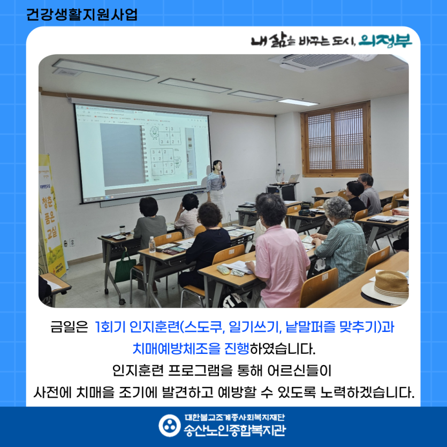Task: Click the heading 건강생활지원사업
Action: click(x=81, y=14)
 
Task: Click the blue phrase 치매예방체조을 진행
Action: click(x=191, y=348)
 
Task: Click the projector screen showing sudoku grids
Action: click(x=142, y=153)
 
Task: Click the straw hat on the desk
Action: click(x=390, y=284)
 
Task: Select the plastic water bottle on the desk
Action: click(x=152, y=245)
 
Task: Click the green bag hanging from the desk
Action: click(x=125, y=268)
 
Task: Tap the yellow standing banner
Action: click(x=52, y=214)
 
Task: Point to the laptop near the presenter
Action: click(x=293, y=179)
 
